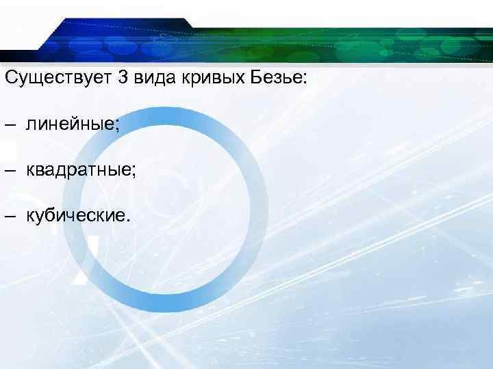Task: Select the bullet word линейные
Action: tap(71, 124)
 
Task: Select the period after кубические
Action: tap(125, 219)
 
